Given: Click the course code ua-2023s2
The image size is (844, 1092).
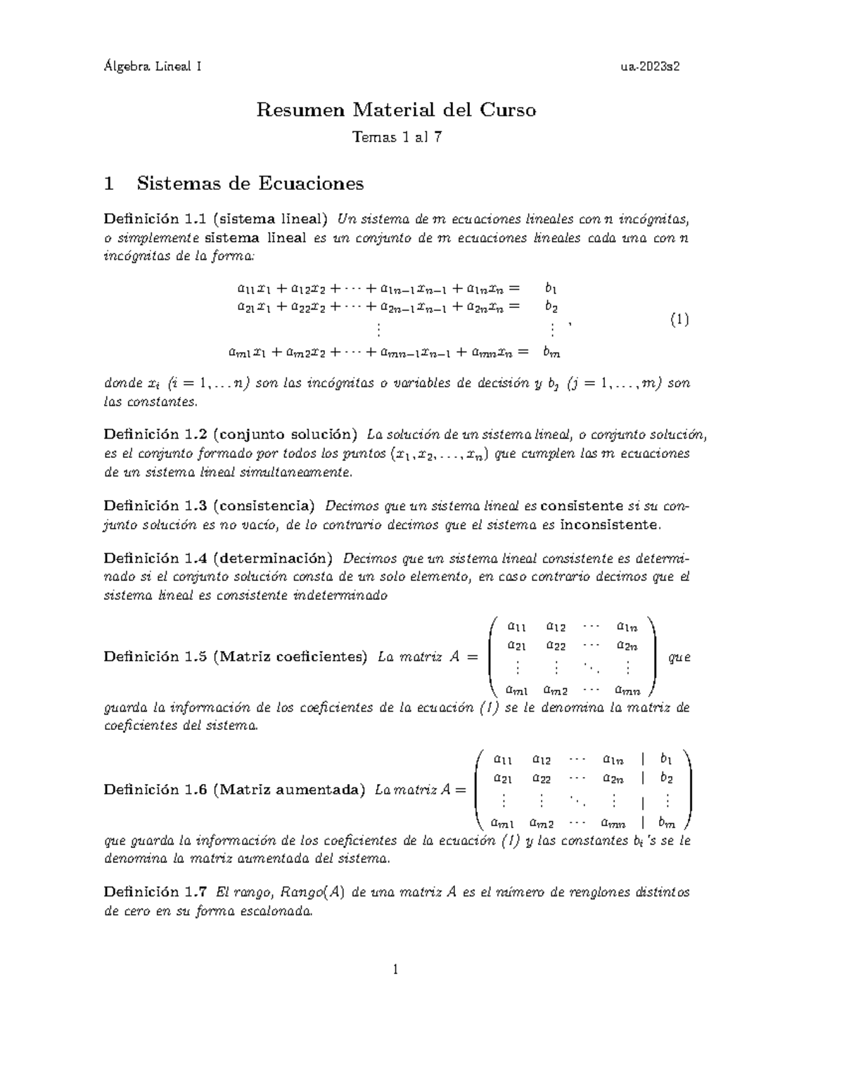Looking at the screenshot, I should (650, 67).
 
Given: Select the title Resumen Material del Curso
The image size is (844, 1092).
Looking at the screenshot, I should (396, 110).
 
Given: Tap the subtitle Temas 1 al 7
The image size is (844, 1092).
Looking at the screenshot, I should (397, 137).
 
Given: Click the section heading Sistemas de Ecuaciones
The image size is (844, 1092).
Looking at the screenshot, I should (250, 184).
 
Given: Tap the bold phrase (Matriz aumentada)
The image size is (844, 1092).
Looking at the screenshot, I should (288, 790).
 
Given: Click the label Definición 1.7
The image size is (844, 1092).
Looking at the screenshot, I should (154, 892).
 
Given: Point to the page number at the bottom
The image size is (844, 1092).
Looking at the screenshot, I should (396, 970).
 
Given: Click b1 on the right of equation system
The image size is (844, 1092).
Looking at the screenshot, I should (551, 288).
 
